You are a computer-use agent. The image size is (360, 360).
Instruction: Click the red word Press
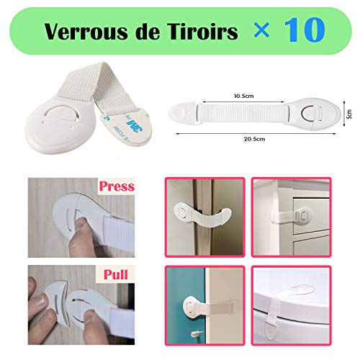pos(117,187)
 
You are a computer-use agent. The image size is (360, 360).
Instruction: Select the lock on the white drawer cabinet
pos(301,215)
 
